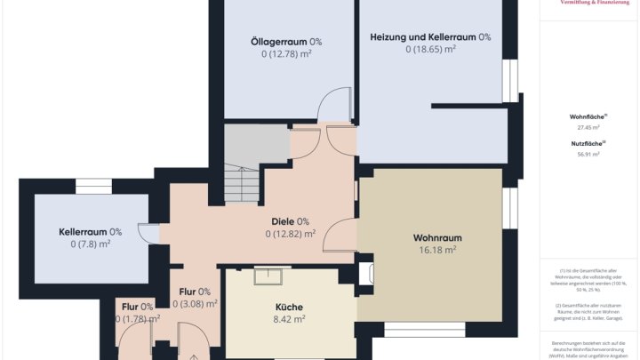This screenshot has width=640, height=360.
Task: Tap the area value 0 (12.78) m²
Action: pyautogui.click(x=286, y=54)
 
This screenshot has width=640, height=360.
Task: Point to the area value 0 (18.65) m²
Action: pyautogui.click(x=430, y=50)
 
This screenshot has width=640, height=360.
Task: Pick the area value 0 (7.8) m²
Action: pyautogui.click(x=90, y=244)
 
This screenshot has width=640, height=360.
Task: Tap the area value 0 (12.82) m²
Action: pyautogui.click(x=290, y=234)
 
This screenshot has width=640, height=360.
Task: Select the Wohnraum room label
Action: pyautogui.click(x=437, y=238)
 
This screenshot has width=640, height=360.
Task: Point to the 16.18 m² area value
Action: pyautogui.click(x=437, y=251)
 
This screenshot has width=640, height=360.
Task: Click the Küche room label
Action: pyautogui.click(x=288, y=307)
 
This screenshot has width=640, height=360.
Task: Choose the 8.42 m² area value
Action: pyautogui.click(x=288, y=318)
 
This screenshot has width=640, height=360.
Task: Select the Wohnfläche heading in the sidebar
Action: pyautogui.click(x=588, y=116)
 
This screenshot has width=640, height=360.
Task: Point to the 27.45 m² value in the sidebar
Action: pyautogui.click(x=588, y=127)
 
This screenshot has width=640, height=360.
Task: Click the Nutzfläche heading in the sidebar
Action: pyautogui.click(x=588, y=143)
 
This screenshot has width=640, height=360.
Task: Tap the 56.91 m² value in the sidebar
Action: pyautogui.click(x=588, y=154)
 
